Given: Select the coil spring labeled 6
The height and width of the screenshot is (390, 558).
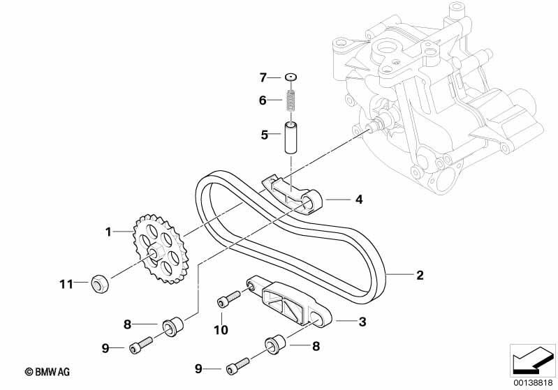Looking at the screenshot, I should pos(291,100).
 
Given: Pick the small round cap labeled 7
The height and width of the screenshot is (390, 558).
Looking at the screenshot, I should pos(291,77).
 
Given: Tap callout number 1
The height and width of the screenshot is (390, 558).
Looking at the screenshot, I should pos(108,230).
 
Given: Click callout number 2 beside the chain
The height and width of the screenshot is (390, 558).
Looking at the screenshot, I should pos(420,276).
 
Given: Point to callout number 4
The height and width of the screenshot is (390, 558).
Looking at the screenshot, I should pos(359,200).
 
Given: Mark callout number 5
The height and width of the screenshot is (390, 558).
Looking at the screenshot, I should pos(265,135).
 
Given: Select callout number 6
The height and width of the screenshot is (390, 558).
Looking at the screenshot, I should pos(263,100).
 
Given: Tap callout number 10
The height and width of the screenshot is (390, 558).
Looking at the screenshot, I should pos(221,329).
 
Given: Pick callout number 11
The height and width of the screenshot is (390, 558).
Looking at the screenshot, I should pos(66,283).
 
